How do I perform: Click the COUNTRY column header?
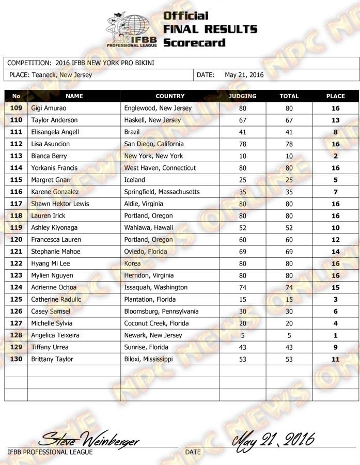(170, 96)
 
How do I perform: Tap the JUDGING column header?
(242, 96)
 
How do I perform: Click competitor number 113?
(16, 156)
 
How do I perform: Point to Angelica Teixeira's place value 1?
(336, 335)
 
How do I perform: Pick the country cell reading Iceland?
(135, 180)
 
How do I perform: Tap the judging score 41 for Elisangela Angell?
(242, 132)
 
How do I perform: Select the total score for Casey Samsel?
(289, 312)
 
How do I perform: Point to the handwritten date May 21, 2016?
(274, 441)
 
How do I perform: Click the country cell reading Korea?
(133, 263)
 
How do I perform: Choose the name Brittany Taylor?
(52, 359)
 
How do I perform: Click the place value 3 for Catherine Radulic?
(336, 300)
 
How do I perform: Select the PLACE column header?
(336, 96)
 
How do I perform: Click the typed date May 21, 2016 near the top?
(244, 75)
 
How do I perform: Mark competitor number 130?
(16, 359)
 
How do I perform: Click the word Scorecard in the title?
(194, 42)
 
